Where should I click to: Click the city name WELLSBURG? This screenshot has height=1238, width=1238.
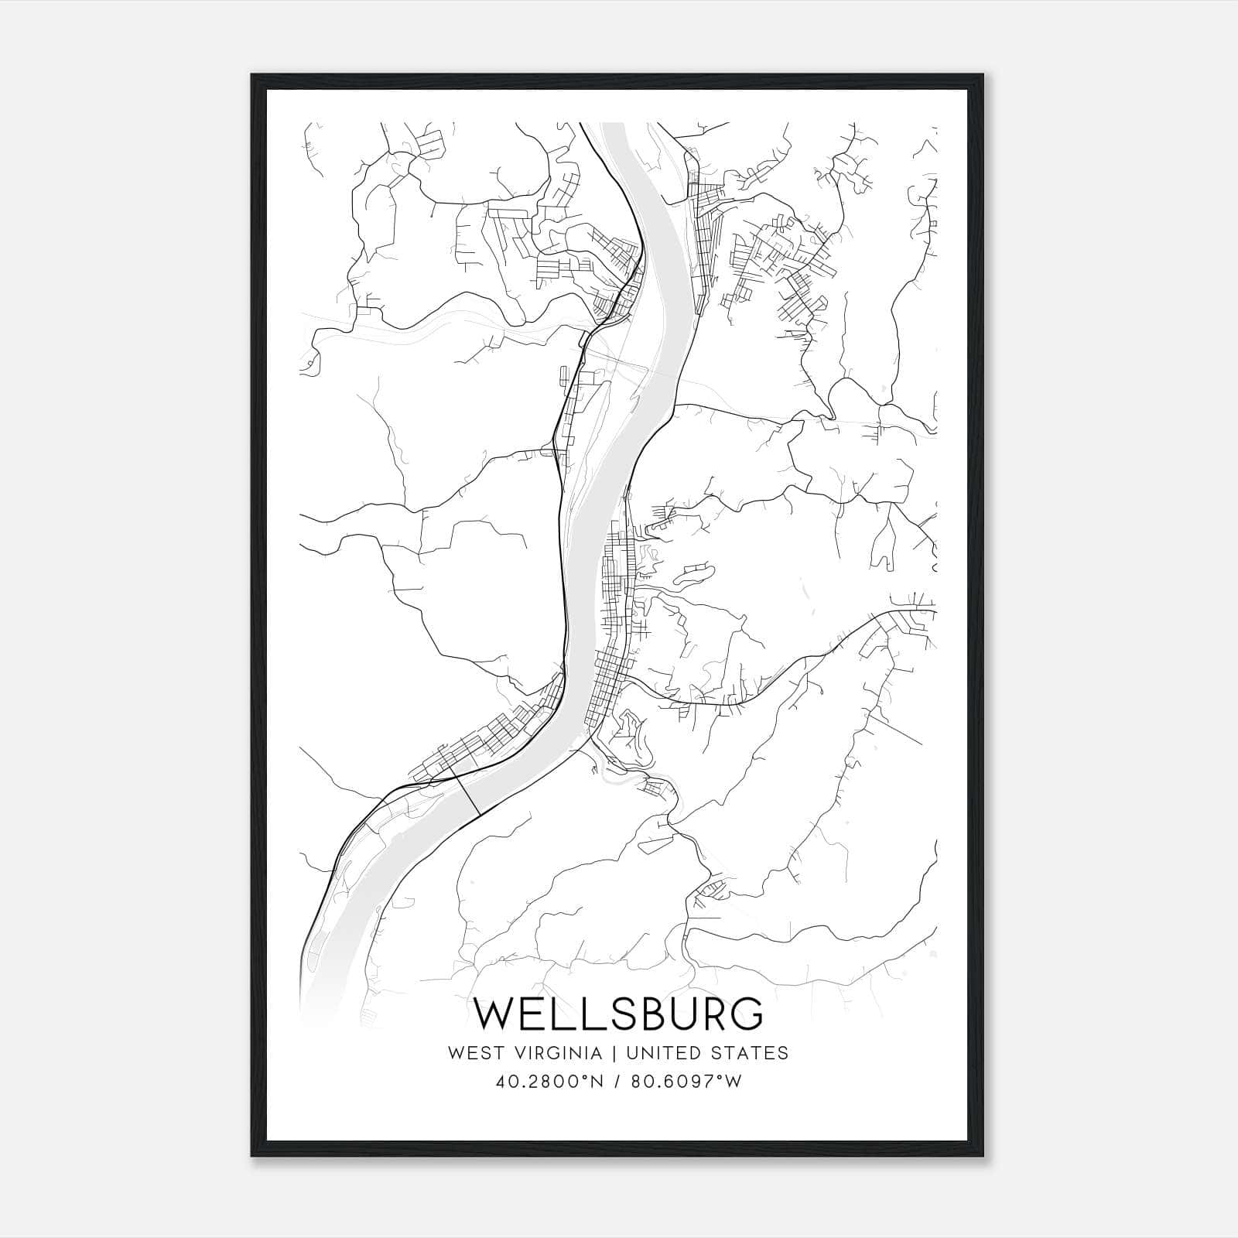[619, 1014]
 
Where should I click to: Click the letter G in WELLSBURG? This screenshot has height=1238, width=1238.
[745, 1014]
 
